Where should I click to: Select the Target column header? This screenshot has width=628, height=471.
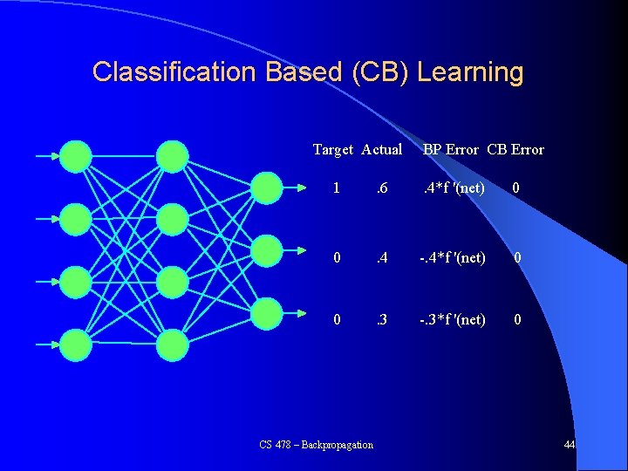click(x=332, y=149)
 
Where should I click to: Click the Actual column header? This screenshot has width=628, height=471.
click(x=381, y=149)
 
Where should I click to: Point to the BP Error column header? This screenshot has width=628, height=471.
click(x=451, y=149)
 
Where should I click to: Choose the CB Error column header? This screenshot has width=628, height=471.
click(x=515, y=149)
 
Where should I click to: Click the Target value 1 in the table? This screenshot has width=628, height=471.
click(x=337, y=188)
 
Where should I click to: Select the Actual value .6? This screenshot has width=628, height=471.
click(x=380, y=188)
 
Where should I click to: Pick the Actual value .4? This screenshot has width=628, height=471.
click(x=380, y=258)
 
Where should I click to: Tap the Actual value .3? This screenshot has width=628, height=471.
click(x=380, y=320)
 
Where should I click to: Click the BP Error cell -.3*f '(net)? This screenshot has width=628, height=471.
click(x=451, y=320)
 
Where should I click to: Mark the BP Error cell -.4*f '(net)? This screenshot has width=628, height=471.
click(x=451, y=258)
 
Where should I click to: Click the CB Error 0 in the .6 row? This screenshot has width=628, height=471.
click(x=516, y=188)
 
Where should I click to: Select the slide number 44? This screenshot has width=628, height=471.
click(x=569, y=446)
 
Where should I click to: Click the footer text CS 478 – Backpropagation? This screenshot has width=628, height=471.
click(x=316, y=445)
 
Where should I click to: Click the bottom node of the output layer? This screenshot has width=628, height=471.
click(x=267, y=313)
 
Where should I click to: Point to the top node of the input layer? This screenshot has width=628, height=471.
click(x=77, y=156)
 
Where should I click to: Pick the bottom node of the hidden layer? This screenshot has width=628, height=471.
click(x=172, y=345)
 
